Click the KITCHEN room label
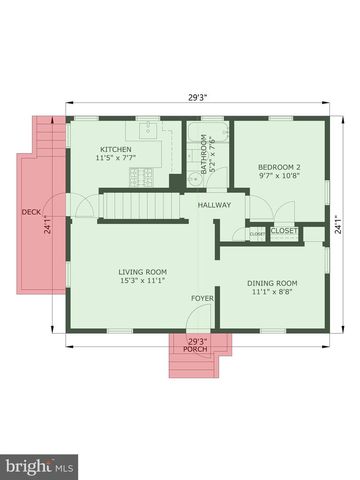coord(114,149)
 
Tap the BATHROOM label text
coord(203,155)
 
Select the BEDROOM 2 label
coord(279,166)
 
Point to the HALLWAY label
coord(214,205)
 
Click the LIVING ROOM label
coord(143,271)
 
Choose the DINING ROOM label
coord(273,283)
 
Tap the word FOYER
coord(203,298)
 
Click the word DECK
coord(30,212)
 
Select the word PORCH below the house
coord(196,349)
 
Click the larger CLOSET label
coord(284,231)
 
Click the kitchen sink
coord(147,130)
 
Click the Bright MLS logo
coord(40,466)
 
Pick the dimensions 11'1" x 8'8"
coord(273,293)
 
